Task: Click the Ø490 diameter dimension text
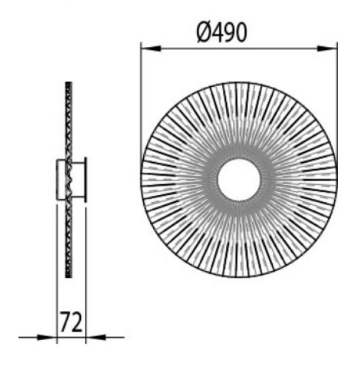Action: coord(221,32)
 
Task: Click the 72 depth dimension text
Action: coord(71,322)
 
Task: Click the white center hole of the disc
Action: coord(239,180)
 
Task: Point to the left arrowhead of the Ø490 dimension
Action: coord(151,49)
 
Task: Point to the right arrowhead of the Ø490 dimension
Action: coord(327,49)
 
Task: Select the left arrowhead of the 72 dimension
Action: coord(47,337)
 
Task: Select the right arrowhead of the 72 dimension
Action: coord(96,337)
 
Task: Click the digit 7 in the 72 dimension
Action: coord(65,322)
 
